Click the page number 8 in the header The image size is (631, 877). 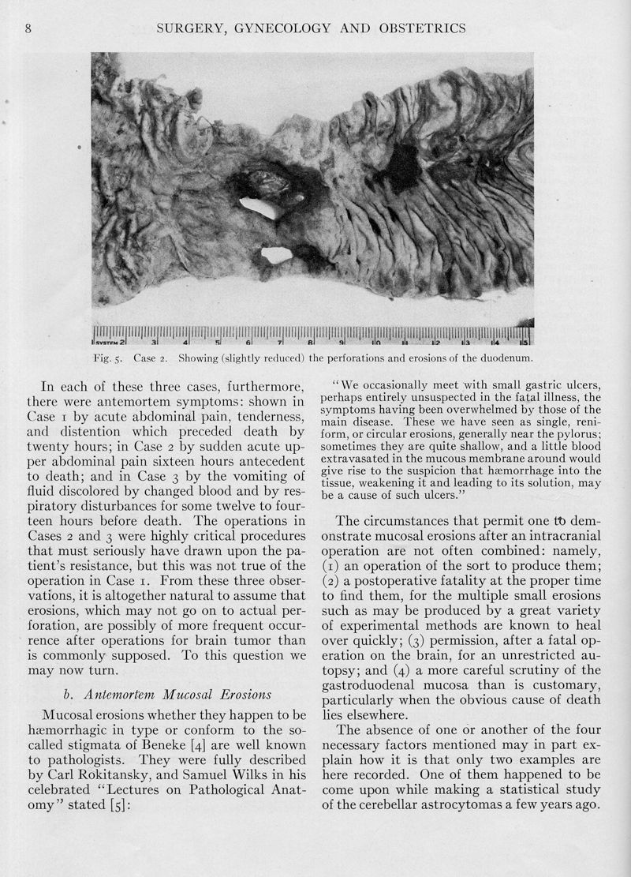(28, 29)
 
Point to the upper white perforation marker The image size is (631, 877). (261, 207)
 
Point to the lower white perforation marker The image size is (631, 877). (276, 253)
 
